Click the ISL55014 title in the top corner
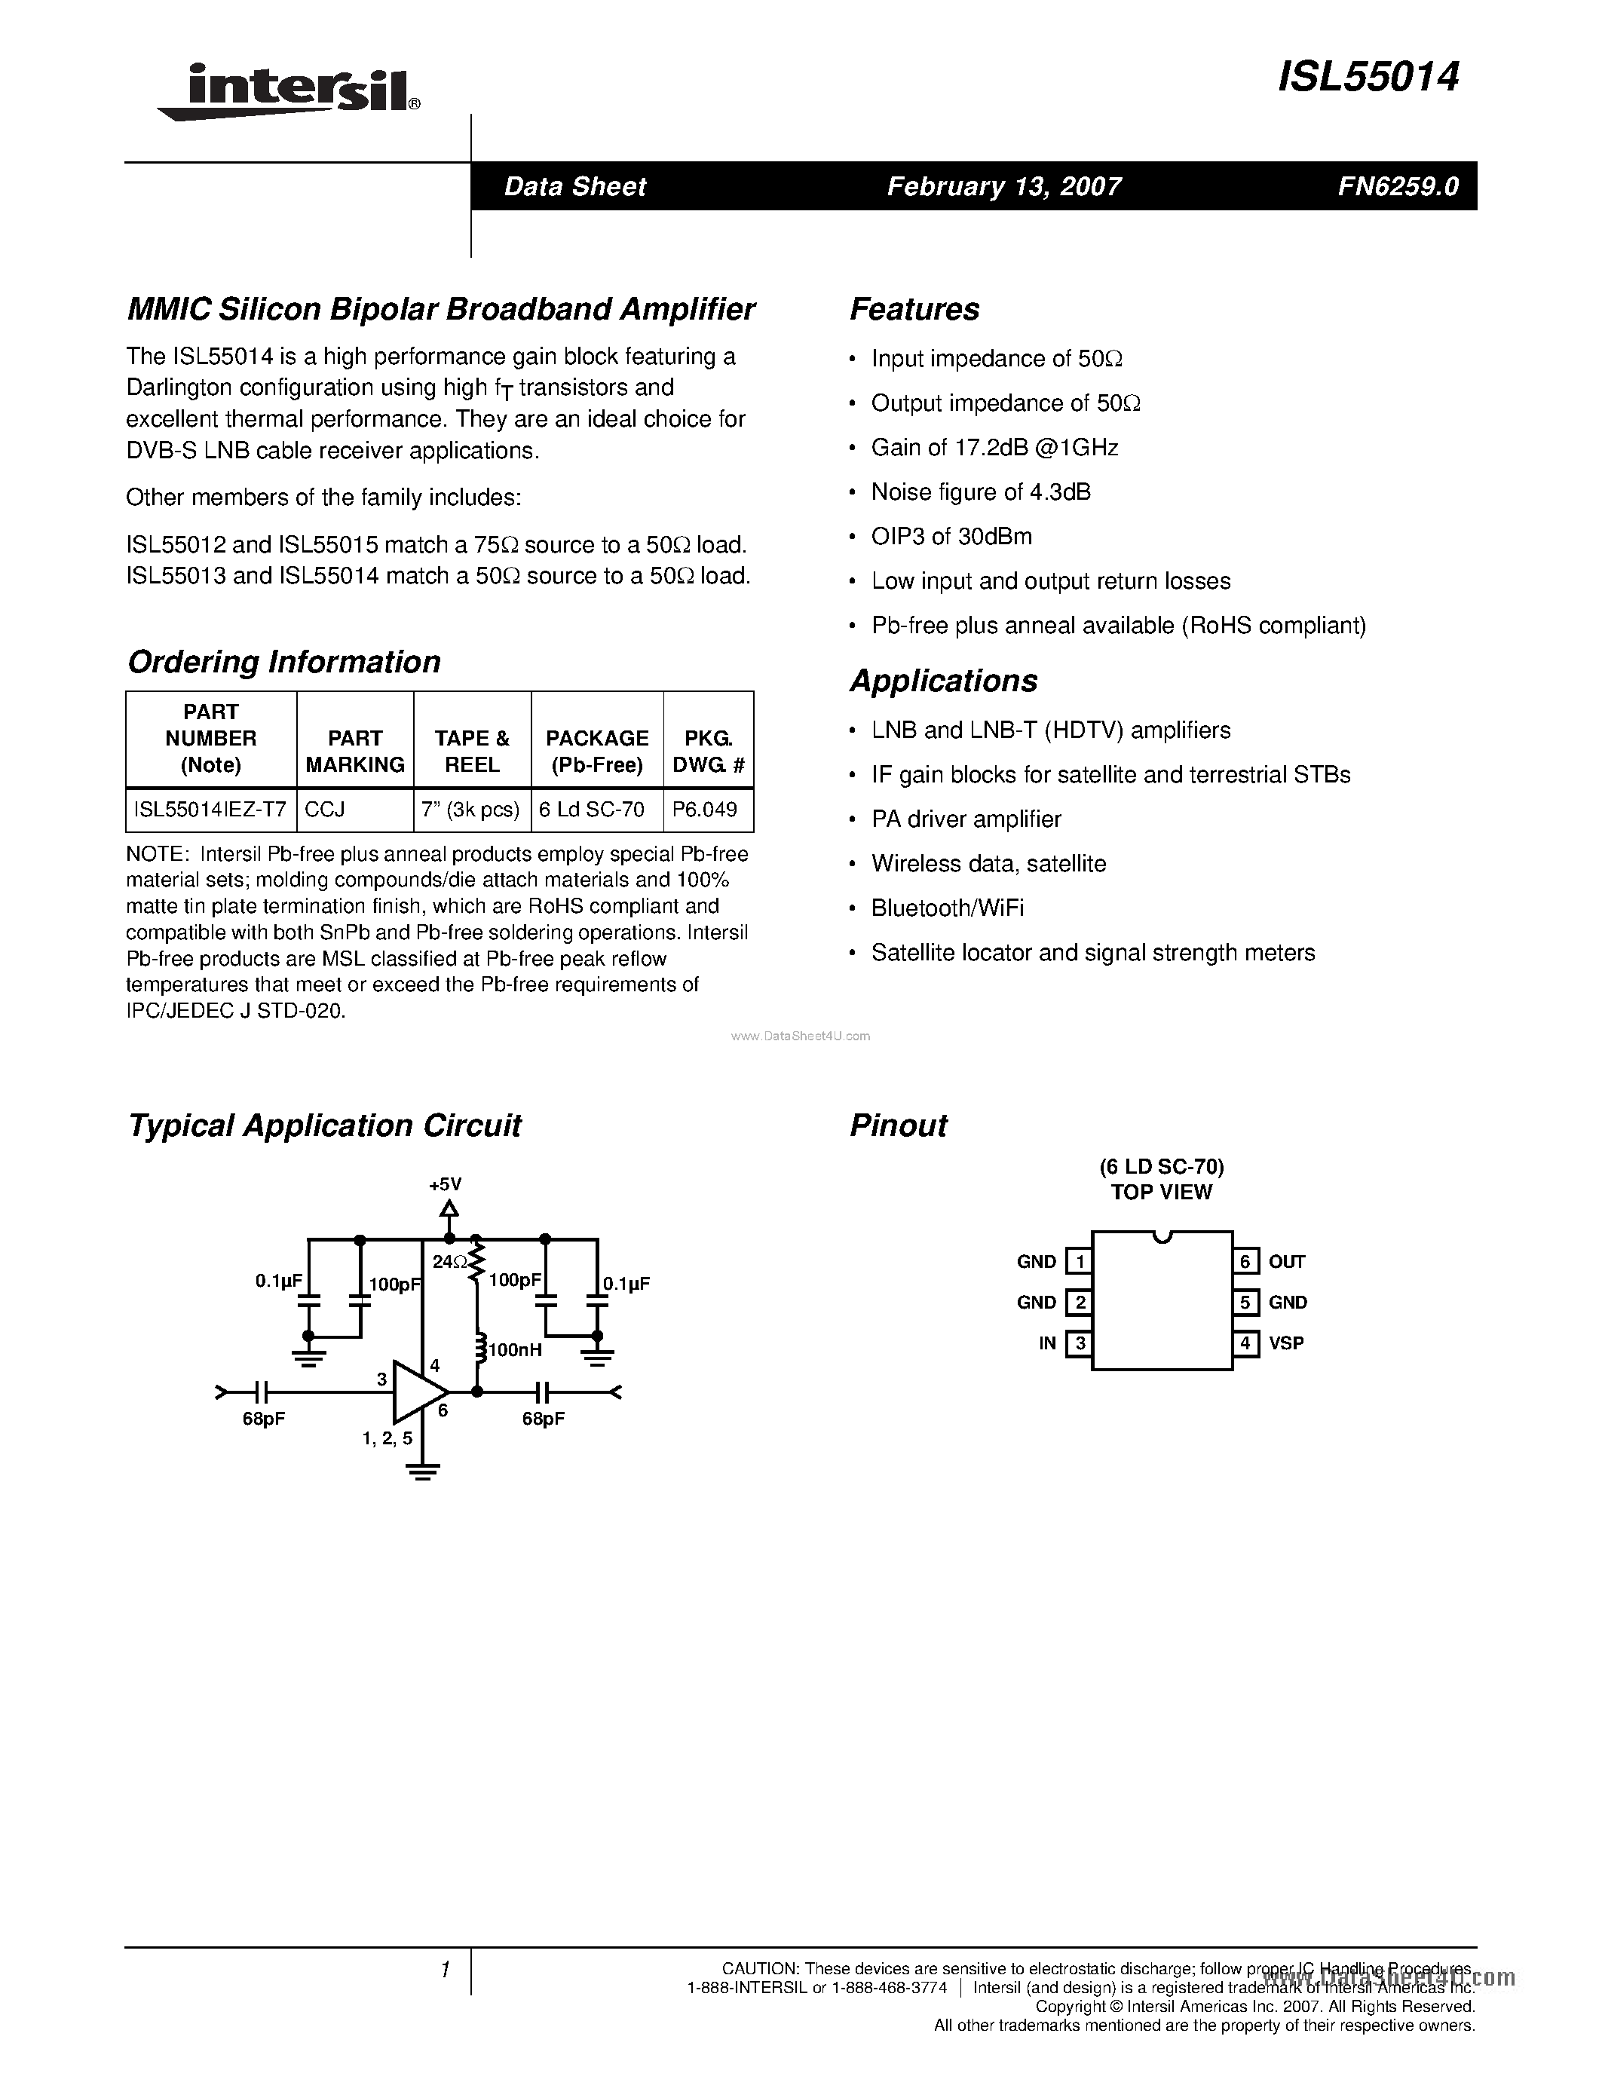pyautogui.click(x=1368, y=78)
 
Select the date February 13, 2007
pyautogui.click(x=1004, y=187)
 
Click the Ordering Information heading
pyautogui.click(x=283, y=662)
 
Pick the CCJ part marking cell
pyautogui.click(x=326, y=810)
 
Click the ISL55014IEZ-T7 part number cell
pyautogui.click(x=210, y=810)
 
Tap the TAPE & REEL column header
pyautogui.click(x=472, y=751)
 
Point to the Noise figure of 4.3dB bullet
pyautogui.click(x=980, y=491)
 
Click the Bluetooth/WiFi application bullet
pyautogui.click(x=947, y=908)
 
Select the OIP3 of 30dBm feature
pyautogui.click(x=951, y=536)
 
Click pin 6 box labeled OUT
pyautogui.click(x=1245, y=1261)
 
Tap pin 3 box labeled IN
pyautogui.click(x=1078, y=1343)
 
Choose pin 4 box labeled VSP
pyautogui.click(x=1245, y=1343)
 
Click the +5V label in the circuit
pyautogui.click(x=444, y=1184)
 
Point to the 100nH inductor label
pyautogui.click(x=516, y=1350)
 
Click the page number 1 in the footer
pyautogui.click(x=444, y=1970)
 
